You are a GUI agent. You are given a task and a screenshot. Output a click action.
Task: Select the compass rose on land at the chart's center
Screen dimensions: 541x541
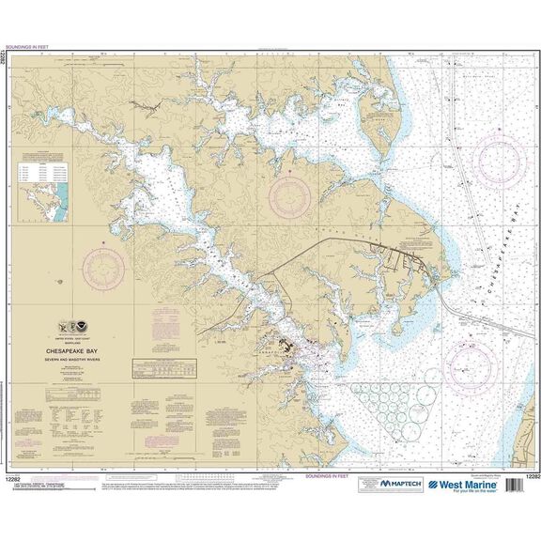coord(289,196)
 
